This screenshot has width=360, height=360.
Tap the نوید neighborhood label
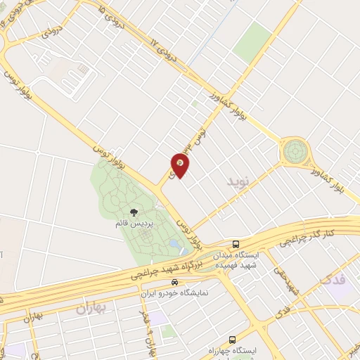[x=238, y=181]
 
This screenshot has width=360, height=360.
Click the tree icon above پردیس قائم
[x=134, y=212]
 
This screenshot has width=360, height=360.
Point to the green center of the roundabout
[x=295, y=150]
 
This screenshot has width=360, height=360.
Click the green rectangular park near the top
[x=252, y=41]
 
